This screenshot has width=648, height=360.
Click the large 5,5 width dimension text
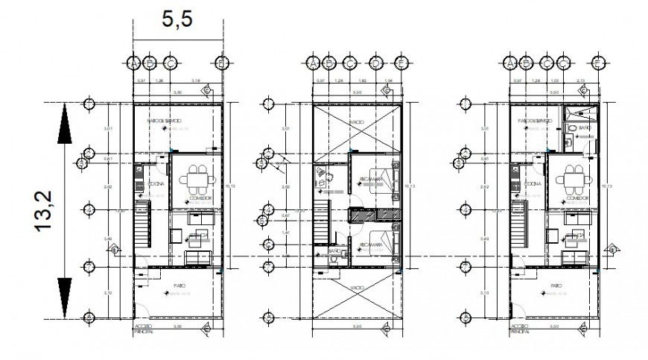pyautogui.click(x=177, y=20)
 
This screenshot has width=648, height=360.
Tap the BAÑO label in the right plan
pyautogui.click(x=584, y=129)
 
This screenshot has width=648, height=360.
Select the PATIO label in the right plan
pyautogui.click(x=553, y=285)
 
